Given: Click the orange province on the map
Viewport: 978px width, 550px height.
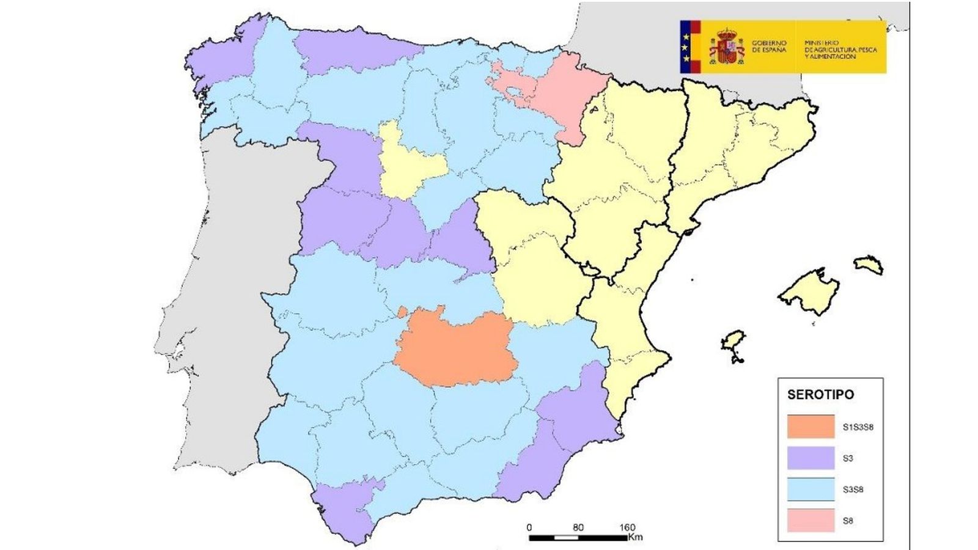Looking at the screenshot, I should click(455, 351).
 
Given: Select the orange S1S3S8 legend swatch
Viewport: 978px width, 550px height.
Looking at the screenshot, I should click(811, 427).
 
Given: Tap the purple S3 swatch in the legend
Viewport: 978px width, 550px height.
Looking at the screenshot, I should click(811, 458).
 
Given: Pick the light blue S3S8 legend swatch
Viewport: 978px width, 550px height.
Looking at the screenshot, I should click(811, 490).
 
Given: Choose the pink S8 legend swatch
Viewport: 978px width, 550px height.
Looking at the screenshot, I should click(811, 521).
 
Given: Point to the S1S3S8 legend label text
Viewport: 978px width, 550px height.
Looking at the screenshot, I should click(857, 427).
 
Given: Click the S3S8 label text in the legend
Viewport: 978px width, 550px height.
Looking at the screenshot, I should click(853, 490).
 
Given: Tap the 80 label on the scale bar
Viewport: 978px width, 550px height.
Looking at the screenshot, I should click(578, 527).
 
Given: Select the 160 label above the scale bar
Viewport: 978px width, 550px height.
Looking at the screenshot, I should click(627, 527).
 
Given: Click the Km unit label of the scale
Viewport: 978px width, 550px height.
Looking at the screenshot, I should click(635, 538).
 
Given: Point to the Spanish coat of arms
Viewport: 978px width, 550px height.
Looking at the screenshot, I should click(726, 47).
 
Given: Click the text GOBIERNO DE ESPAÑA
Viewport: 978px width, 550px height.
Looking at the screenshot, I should click(769, 46).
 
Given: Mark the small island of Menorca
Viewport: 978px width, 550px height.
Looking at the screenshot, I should click(868, 265).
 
